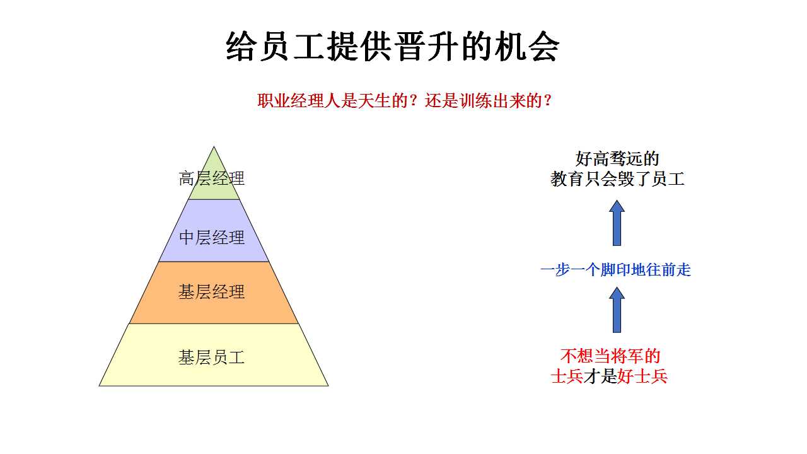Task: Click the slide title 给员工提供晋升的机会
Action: pos(393,47)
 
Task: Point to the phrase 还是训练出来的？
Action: pos(488,100)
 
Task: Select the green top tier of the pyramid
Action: pos(214,177)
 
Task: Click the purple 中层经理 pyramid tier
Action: pos(214,231)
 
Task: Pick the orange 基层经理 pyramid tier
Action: pos(214,293)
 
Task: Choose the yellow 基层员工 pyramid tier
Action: pos(214,355)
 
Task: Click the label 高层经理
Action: pos(211,178)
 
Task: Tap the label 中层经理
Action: pos(211,238)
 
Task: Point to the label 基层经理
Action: pos(211,292)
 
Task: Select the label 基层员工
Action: pos(211,358)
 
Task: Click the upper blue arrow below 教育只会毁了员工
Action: pos(617,223)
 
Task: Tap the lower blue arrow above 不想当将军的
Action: pos(617,310)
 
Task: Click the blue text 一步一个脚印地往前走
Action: pos(616,270)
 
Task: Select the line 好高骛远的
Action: pos(617,158)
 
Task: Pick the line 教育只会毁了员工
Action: pos(617,179)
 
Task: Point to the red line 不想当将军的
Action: pos(610,356)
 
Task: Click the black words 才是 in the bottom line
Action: pos(600,377)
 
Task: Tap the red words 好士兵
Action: pos(642,377)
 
